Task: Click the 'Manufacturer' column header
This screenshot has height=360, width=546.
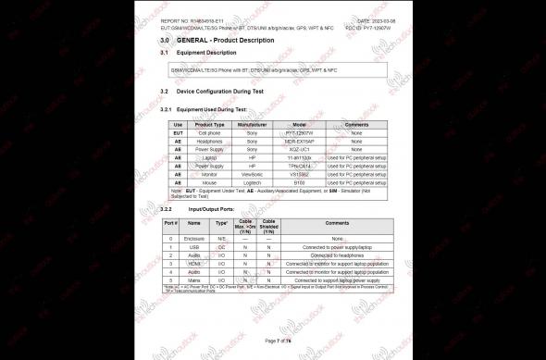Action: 252,124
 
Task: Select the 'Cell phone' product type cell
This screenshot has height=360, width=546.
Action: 210,132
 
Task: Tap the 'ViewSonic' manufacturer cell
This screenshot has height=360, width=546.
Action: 252,174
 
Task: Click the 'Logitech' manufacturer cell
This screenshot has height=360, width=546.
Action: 252,182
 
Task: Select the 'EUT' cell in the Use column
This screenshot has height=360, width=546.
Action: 178,132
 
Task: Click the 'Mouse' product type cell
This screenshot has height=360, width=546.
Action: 210,182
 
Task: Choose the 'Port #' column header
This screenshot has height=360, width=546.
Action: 170,223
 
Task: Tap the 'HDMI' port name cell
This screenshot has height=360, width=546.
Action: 194,263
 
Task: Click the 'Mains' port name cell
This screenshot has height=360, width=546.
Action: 194,279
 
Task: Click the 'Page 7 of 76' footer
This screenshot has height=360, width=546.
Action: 277,341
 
